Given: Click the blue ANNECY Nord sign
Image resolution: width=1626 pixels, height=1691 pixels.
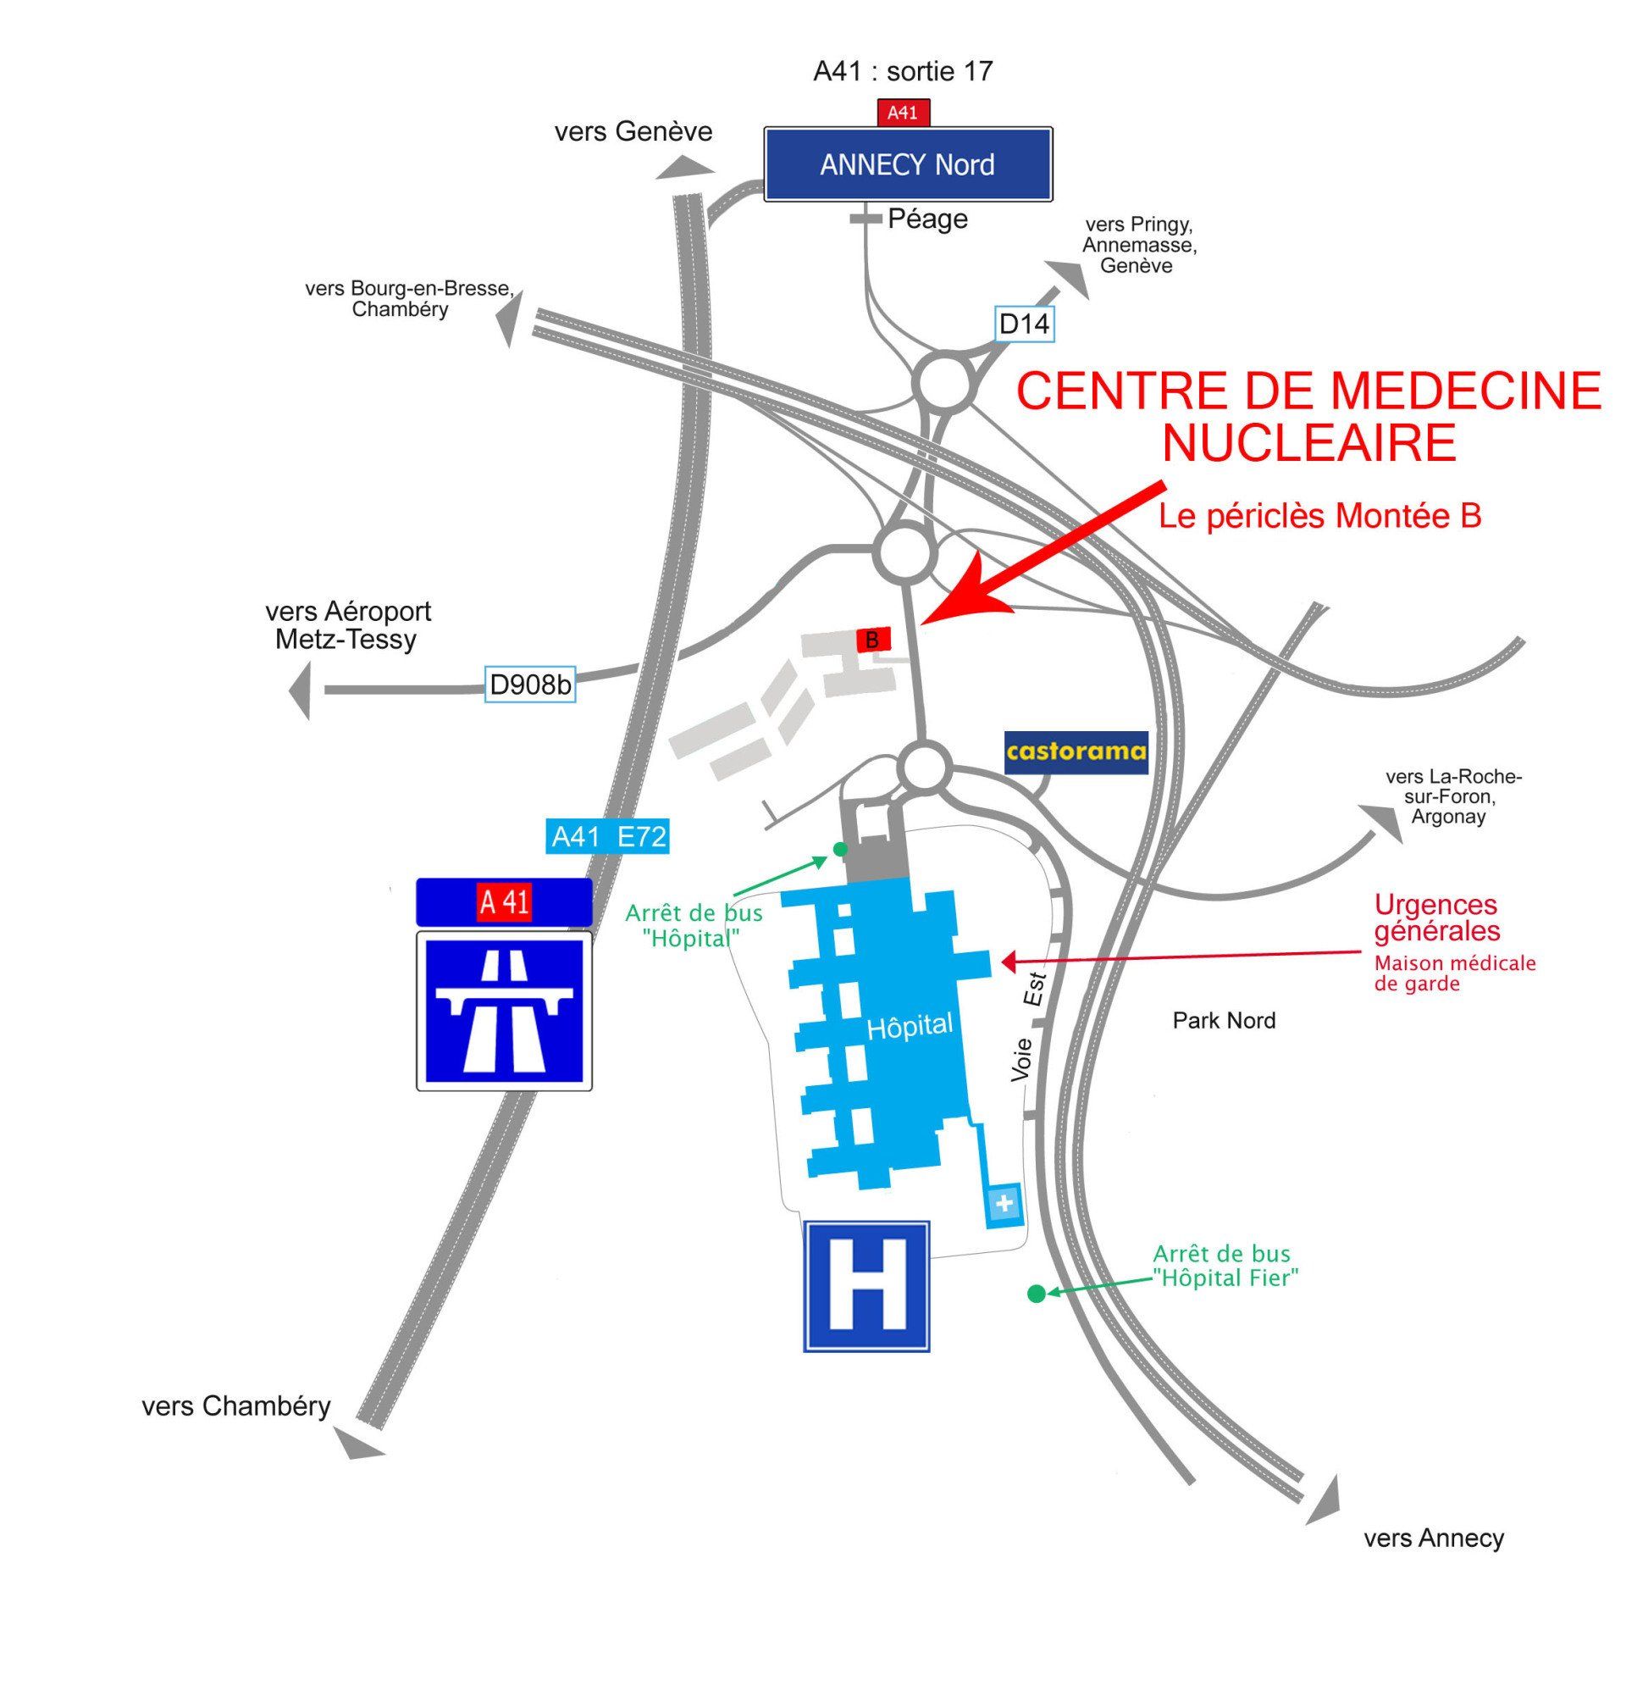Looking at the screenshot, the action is pyautogui.click(x=908, y=164).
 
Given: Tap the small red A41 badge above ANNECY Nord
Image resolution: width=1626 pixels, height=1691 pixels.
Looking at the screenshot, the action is pyautogui.click(x=902, y=112).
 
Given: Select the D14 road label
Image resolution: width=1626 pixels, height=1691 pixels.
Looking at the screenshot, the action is pyautogui.click(x=1024, y=324).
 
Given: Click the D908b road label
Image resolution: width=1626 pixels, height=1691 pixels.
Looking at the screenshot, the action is pyautogui.click(x=529, y=685).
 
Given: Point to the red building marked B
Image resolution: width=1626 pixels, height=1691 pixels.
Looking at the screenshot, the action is pyautogui.click(x=872, y=640).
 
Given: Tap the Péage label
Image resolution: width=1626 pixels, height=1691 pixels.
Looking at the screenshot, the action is pyautogui.click(x=927, y=219).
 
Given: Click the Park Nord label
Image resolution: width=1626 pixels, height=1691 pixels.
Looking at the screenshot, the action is pyautogui.click(x=1223, y=1021).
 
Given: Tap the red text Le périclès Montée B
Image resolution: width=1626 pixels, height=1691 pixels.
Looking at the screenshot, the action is pyautogui.click(x=1319, y=516).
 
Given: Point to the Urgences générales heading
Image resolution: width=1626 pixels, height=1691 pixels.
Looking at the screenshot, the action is pyautogui.click(x=1436, y=918).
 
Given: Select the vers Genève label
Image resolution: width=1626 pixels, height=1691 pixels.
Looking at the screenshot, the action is pyautogui.click(x=633, y=131).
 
